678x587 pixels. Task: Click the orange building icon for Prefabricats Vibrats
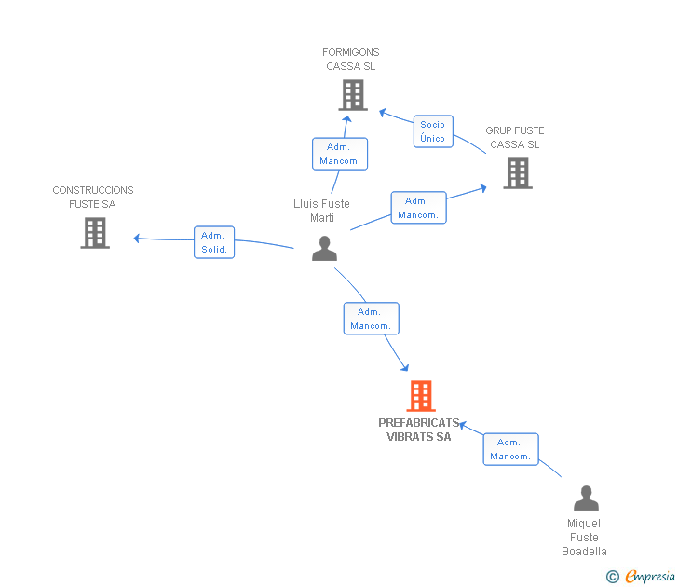pos(421,396)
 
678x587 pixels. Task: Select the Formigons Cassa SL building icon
pos(353,95)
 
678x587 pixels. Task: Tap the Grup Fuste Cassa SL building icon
pos(518,173)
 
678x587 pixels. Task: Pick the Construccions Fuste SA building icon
pos(95,233)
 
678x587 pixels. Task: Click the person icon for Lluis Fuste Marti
pos(324,248)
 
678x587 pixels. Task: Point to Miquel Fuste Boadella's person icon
pos(586,498)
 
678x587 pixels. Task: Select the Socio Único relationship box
pos(433,131)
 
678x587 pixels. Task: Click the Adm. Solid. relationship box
pos(214,242)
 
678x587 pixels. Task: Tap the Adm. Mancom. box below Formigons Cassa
pos(340,154)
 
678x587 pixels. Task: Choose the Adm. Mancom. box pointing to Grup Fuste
pos(418,208)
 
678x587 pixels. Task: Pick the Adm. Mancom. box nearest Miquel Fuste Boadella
pos(510,449)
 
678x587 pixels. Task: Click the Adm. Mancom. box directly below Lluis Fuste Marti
pos(371,319)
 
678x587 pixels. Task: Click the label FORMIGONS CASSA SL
pos(351,60)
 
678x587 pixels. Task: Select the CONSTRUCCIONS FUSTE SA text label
pos(93,198)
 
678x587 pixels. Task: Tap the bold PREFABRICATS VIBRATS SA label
pos(418,430)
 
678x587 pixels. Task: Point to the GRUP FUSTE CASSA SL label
pos(514,138)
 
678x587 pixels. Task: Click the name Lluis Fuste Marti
pos(321,211)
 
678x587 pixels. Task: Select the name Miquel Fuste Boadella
pos(584,538)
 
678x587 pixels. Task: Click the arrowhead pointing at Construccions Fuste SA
pos(137,239)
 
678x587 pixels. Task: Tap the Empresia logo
pos(641,576)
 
